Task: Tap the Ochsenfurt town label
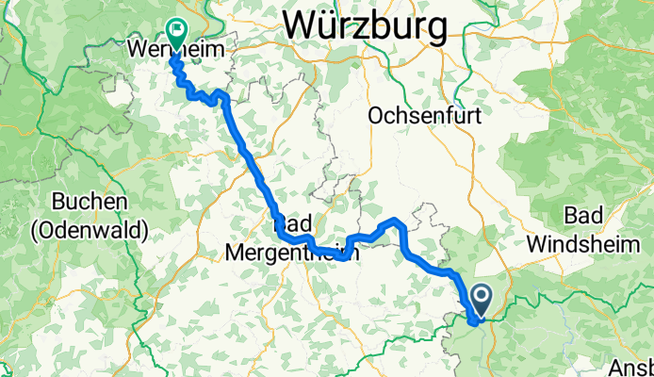pyautogui.click(x=426, y=116)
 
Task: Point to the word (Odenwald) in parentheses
pyautogui.click(x=89, y=228)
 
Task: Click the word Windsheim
pyautogui.click(x=588, y=242)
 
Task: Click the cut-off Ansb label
pyautogui.click(x=632, y=367)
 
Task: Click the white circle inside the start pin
pyautogui.click(x=480, y=299)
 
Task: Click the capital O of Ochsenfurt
pyautogui.click(x=377, y=116)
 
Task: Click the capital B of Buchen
pyautogui.click(x=58, y=203)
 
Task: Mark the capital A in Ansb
pyautogui.click(x=618, y=367)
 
